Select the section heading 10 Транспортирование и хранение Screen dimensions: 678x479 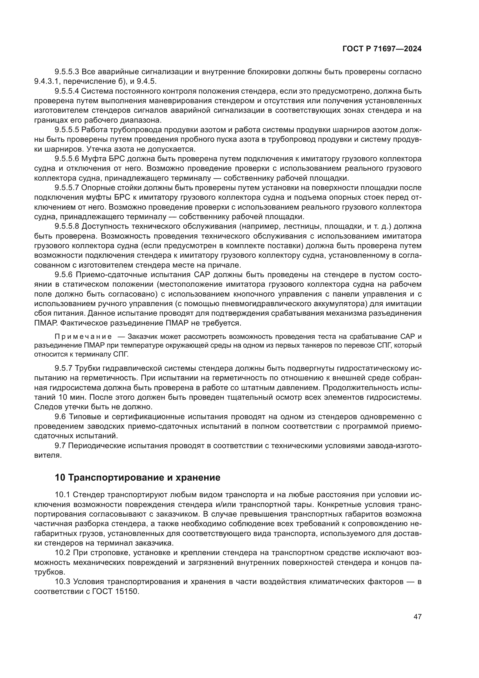click(x=138, y=477)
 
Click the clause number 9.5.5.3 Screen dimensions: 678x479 click(x=67, y=72)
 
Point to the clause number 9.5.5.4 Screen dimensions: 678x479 click(x=67, y=91)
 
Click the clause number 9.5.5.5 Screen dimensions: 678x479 click(x=67, y=130)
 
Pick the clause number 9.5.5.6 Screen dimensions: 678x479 click(x=67, y=159)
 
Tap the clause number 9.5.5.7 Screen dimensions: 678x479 click(x=67, y=188)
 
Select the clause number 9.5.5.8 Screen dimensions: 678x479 click(x=67, y=226)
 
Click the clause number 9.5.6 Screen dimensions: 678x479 click(x=63, y=275)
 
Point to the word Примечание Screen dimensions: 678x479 click(x=83, y=337)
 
